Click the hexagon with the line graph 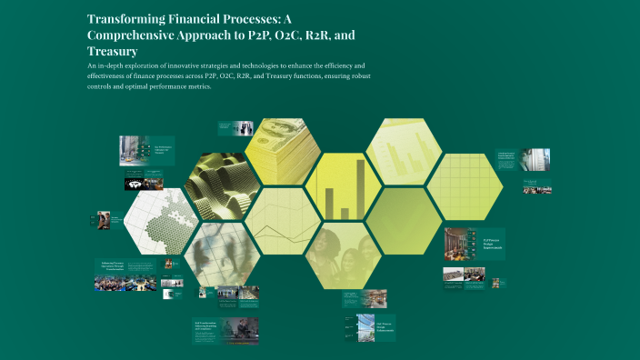click(x=282, y=221)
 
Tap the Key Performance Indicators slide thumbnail click(x=147, y=150)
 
